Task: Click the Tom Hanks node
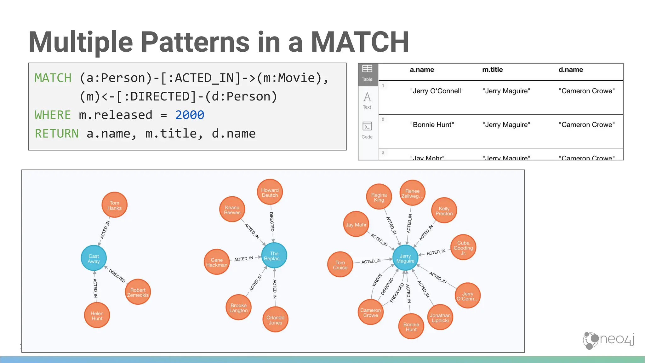coord(114,205)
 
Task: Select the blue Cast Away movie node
coord(94,258)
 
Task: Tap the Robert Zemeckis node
coord(138,292)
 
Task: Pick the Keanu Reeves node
coord(232,210)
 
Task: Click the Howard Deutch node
coord(270,192)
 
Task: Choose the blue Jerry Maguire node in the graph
coord(405,258)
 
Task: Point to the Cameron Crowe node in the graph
coord(371,312)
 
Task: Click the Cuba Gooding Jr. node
coord(463,247)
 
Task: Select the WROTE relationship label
coord(377,280)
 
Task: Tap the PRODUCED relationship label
coord(397,293)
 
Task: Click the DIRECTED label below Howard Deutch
coord(272,222)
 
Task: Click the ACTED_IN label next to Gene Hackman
coord(243,259)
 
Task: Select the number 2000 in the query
coord(190,115)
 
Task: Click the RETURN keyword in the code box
coord(57,134)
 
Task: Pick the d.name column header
coord(570,70)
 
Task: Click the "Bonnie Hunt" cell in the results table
coord(432,125)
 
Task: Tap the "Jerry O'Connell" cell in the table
coord(437,91)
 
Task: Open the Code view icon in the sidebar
coord(367,130)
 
